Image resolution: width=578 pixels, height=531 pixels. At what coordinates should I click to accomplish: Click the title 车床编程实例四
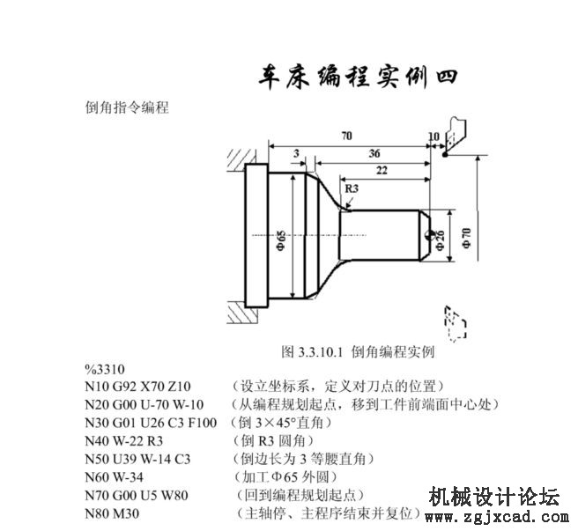coord(358,77)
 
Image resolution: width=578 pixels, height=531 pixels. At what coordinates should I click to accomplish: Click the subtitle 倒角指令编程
coord(127,107)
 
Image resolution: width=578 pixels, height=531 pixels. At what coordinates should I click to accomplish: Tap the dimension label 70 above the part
coord(346,136)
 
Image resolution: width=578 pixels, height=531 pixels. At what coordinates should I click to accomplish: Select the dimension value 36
coord(374,153)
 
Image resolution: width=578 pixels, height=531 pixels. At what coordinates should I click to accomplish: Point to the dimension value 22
coord(382,170)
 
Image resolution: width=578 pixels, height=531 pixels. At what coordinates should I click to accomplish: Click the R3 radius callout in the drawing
coord(352,188)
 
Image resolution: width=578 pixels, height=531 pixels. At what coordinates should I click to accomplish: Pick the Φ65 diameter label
coord(281,240)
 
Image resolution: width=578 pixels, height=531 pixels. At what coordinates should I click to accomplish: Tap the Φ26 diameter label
coord(440,240)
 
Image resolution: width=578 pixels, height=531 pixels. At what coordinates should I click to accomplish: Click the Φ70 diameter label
coord(466,238)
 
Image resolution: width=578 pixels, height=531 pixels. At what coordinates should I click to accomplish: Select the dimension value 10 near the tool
coord(433,136)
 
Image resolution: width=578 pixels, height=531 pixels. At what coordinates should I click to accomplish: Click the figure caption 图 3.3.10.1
coord(312,352)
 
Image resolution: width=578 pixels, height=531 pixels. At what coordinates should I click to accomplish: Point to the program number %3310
coord(105,369)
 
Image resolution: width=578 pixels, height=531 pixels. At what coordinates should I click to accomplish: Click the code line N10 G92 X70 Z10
coord(137,387)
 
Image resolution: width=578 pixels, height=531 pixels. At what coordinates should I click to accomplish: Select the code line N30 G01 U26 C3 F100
coord(151,423)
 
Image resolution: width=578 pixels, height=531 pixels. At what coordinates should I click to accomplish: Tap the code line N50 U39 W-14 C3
coord(137,459)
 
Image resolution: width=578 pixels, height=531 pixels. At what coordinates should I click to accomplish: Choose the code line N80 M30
coord(112,513)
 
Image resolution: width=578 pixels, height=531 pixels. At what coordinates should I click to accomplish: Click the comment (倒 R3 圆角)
coord(274,440)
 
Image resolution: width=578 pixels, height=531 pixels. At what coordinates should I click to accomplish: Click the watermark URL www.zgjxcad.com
coord(497,517)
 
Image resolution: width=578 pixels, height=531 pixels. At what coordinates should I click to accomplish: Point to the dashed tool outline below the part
coord(456,323)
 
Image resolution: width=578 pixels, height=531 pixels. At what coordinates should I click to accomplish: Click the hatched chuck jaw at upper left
coord(241,160)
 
